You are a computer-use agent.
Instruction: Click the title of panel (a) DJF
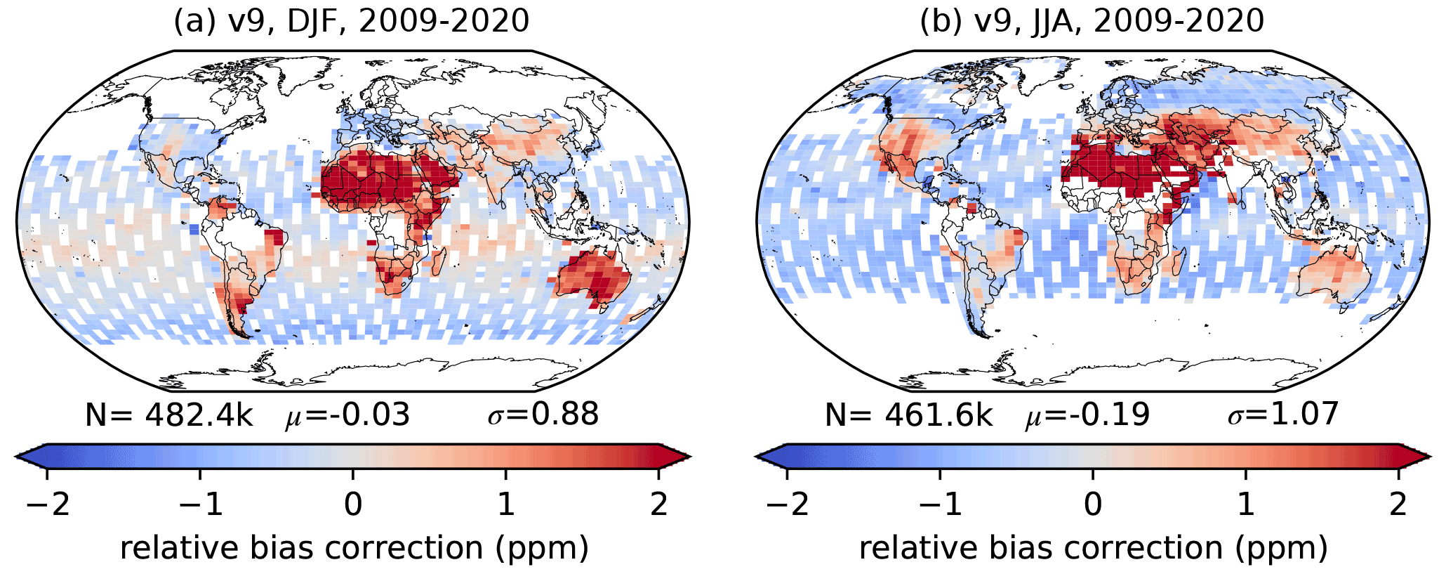[352, 21]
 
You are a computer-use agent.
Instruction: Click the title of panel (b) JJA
[1092, 21]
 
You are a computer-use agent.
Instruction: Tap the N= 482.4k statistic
[168, 415]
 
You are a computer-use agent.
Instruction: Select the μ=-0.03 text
[347, 415]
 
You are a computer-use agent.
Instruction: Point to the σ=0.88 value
[543, 415]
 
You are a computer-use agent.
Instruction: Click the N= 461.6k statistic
[908, 415]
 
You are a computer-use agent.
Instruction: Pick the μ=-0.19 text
[1087, 415]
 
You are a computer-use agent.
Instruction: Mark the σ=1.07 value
[1283, 415]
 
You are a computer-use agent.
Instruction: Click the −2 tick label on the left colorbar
[46, 504]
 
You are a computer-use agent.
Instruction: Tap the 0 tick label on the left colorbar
[353, 504]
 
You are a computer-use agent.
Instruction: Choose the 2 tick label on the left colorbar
[658, 504]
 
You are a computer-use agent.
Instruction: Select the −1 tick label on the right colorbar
[939, 504]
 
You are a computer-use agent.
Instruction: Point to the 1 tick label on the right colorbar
[1246, 504]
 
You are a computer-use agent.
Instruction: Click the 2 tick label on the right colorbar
[1398, 504]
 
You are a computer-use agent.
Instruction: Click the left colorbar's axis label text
[354, 548]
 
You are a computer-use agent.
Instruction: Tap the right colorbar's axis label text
[1093, 548]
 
